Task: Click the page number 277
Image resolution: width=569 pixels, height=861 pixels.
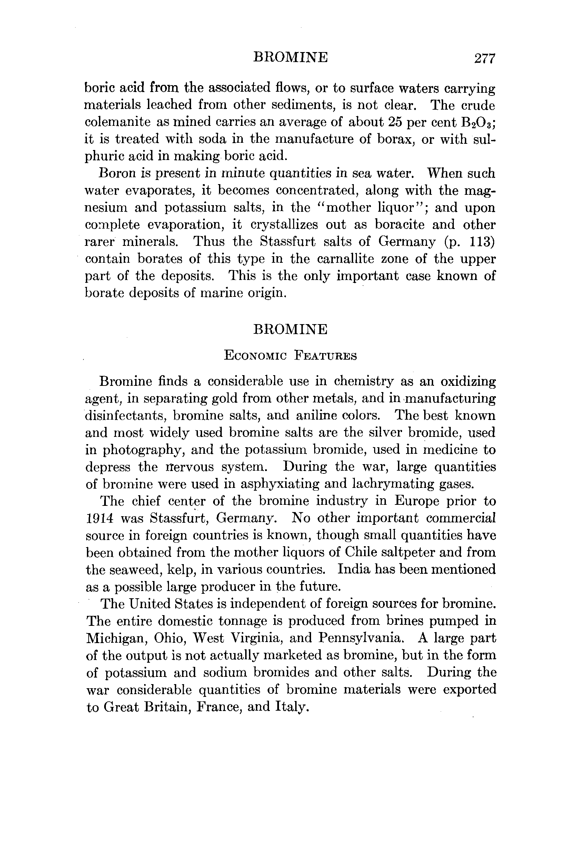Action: click(x=484, y=58)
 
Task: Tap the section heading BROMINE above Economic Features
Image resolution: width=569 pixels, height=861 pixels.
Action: click(x=290, y=329)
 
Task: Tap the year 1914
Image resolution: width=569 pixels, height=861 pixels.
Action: click(x=99, y=518)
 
